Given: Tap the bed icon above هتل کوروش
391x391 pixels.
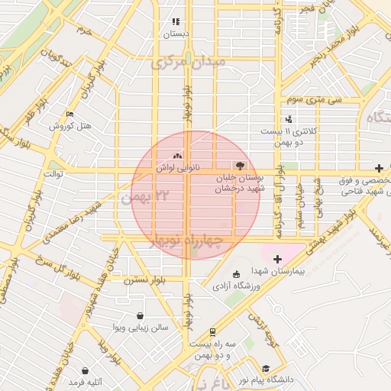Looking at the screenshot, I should click(x=71, y=115).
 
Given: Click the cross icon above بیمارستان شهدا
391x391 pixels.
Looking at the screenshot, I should click(x=277, y=260).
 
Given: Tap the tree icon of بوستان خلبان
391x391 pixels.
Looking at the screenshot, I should click(x=241, y=166).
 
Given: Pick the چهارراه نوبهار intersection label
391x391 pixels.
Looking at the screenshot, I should click(x=187, y=241).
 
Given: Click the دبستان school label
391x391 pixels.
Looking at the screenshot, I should click(x=176, y=34).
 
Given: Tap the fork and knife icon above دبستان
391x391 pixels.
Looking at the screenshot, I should click(x=176, y=22).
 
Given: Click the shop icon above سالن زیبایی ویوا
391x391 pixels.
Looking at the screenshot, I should click(x=141, y=315).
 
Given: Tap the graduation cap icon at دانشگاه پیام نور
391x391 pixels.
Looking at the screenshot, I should click(x=266, y=368).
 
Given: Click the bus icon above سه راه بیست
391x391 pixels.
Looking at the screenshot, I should click(x=212, y=333).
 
